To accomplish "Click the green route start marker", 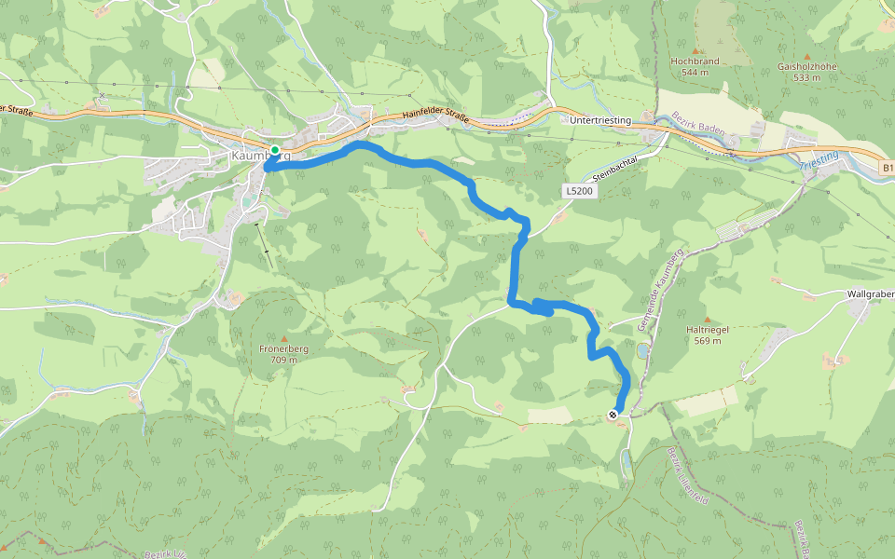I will click(275, 149).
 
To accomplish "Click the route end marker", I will click(613, 415).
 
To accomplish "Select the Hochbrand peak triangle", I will click(695, 50).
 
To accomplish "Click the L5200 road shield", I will click(578, 190).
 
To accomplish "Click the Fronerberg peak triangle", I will click(283, 337).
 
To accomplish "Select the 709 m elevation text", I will click(283, 360).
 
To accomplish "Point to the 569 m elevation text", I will click(706, 341).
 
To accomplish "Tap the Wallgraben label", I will click(870, 294).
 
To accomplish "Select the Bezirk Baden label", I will click(696, 125).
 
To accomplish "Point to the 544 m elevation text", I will click(695, 72).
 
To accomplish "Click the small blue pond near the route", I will click(643, 352).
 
